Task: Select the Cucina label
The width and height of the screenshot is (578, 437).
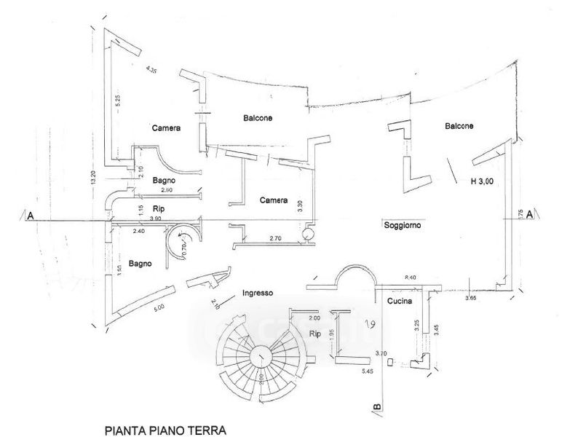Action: (400, 301)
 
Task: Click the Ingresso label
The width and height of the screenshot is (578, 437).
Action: (258, 294)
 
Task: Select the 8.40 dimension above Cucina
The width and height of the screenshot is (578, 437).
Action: (411, 277)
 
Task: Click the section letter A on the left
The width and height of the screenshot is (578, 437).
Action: (31, 216)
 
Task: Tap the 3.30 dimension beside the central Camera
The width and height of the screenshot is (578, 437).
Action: (300, 206)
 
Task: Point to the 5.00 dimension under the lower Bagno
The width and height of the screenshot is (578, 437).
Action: (159, 307)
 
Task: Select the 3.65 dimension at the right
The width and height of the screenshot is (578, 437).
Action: (472, 298)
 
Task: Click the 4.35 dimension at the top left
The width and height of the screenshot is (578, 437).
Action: (151, 70)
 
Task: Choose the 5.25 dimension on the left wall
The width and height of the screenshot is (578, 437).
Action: (116, 103)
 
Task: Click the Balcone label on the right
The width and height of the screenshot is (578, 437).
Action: (459, 126)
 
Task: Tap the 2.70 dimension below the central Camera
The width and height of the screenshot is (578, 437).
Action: (275, 238)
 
